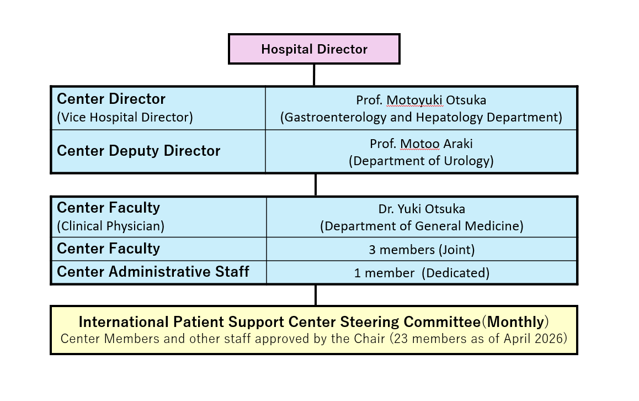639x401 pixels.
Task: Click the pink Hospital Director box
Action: (x=314, y=49)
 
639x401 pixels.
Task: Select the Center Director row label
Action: (x=111, y=99)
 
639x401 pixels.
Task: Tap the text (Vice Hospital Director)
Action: (x=125, y=118)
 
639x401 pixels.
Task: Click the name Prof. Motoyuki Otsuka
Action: (x=421, y=100)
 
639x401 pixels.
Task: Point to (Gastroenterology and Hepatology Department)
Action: (x=421, y=118)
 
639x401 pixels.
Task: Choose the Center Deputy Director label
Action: (x=139, y=151)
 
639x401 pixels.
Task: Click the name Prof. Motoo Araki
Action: (x=421, y=144)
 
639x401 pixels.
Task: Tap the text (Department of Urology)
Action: (x=421, y=161)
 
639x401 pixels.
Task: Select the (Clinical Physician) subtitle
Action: (x=110, y=226)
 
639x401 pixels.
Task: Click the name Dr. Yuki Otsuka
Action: (x=422, y=209)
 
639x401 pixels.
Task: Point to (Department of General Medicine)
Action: (x=422, y=226)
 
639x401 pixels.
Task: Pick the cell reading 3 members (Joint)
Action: (x=422, y=250)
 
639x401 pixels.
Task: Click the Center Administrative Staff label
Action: (x=153, y=272)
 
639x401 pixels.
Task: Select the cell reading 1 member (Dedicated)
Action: (x=422, y=273)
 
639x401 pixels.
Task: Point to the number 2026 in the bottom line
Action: (x=549, y=339)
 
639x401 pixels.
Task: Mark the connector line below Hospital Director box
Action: (x=314, y=75)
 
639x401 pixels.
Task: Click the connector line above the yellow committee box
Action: (x=316, y=295)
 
